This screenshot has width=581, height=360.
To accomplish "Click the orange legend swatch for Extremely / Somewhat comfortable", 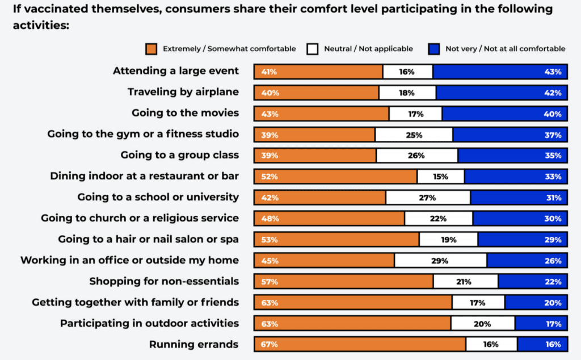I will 151,49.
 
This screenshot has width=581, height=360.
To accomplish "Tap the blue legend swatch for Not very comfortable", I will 435,49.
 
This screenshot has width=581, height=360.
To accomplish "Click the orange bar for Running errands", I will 360,344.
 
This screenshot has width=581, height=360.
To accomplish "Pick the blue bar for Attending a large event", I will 499,72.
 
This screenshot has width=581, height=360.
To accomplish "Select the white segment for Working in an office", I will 440,261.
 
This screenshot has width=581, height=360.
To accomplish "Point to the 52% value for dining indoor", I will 270,177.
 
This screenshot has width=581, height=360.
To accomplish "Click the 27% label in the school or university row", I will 427,198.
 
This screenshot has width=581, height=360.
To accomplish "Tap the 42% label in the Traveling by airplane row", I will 553,93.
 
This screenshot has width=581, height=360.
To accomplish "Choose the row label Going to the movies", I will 185,113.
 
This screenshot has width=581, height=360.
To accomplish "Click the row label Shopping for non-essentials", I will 164,281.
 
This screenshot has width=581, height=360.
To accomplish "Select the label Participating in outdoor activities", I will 149,323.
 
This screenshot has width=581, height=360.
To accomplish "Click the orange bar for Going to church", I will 329,219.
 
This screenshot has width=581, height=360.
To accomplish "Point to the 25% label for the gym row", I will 414,135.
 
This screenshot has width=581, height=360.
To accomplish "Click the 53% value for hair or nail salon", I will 270,240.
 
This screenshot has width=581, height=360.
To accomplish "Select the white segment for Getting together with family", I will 478,303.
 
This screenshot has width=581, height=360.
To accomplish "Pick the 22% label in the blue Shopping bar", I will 553,282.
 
